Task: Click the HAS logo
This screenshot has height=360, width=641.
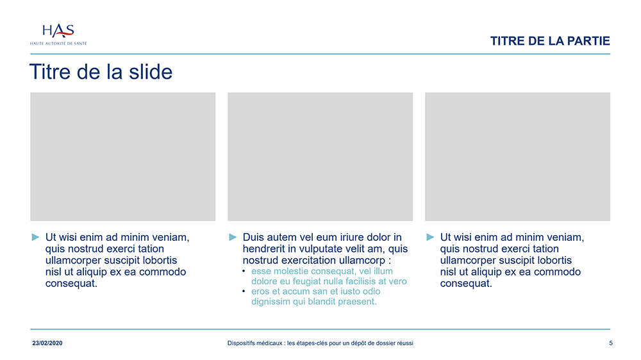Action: pyautogui.click(x=58, y=35)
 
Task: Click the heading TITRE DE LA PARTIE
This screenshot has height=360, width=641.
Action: pyautogui.click(x=550, y=41)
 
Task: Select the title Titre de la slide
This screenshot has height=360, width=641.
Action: pyautogui.click(x=101, y=72)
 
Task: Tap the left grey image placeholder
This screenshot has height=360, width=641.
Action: pyautogui.click(x=122, y=156)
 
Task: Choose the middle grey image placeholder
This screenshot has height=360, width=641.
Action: pyautogui.click(x=320, y=156)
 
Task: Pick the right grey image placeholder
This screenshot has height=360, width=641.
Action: pyautogui.click(x=517, y=156)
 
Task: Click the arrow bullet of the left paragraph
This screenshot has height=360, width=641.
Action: pyautogui.click(x=35, y=237)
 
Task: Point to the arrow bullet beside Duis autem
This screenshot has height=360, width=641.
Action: pyautogui.click(x=233, y=237)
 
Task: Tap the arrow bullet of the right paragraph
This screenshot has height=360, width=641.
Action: pyautogui.click(x=430, y=237)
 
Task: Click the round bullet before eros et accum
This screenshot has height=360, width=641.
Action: pyautogui.click(x=244, y=291)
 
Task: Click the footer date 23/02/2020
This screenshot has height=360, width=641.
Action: pyautogui.click(x=47, y=343)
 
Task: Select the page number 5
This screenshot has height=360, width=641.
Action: pyautogui.click(x=611, y=343)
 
